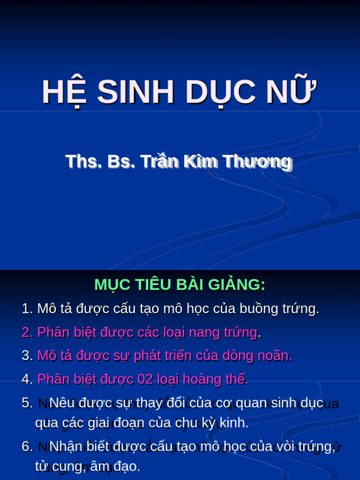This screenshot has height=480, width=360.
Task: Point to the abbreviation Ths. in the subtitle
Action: point(83,161)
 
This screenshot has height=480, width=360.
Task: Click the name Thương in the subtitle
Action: point(256,162)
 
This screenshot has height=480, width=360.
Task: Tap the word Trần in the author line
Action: point(160,161)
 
